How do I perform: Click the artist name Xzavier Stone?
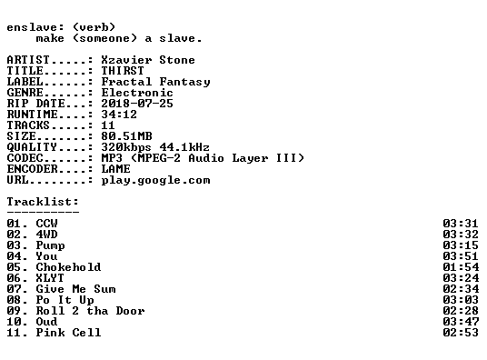(x=148, y=60)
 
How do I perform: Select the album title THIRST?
(x=123, y=71)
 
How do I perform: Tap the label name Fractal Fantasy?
(x=155, y=82)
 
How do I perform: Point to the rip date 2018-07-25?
(x=137, y=104)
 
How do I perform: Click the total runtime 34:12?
(x=119, y=115)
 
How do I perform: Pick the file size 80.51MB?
(x=126, y=135)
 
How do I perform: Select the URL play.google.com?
(x=155, y=180)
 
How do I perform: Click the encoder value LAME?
(x=115, y=169)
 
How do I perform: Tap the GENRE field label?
(x=25, y=93)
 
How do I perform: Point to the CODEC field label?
(x=25, y=158)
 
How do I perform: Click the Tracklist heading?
(x=43, y=202)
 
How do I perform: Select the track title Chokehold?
(x=68, y=267)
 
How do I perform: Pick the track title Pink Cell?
(x=68, y=333)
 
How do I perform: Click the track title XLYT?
(x=50, y=278)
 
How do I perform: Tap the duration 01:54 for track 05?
(x=461, y=267)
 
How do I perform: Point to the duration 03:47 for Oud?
(x=461, y=322)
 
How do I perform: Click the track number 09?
(x=14, y=311)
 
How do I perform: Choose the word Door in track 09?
(x=130, y=311)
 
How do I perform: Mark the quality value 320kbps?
(x=126, y=147)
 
